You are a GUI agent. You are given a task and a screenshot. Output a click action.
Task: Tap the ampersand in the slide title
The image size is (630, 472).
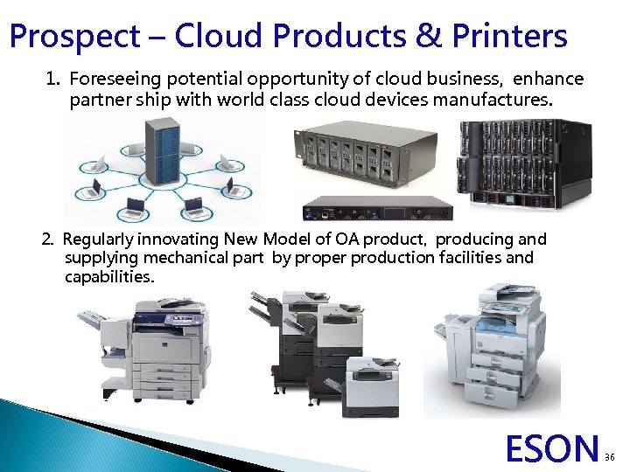pos(425,37)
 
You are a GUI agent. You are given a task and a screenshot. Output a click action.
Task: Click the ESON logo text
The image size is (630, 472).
pos(552,448)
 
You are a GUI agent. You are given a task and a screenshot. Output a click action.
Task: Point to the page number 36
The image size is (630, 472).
pos(612,455)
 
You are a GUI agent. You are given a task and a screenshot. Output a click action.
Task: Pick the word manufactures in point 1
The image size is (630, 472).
pos(490,100)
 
